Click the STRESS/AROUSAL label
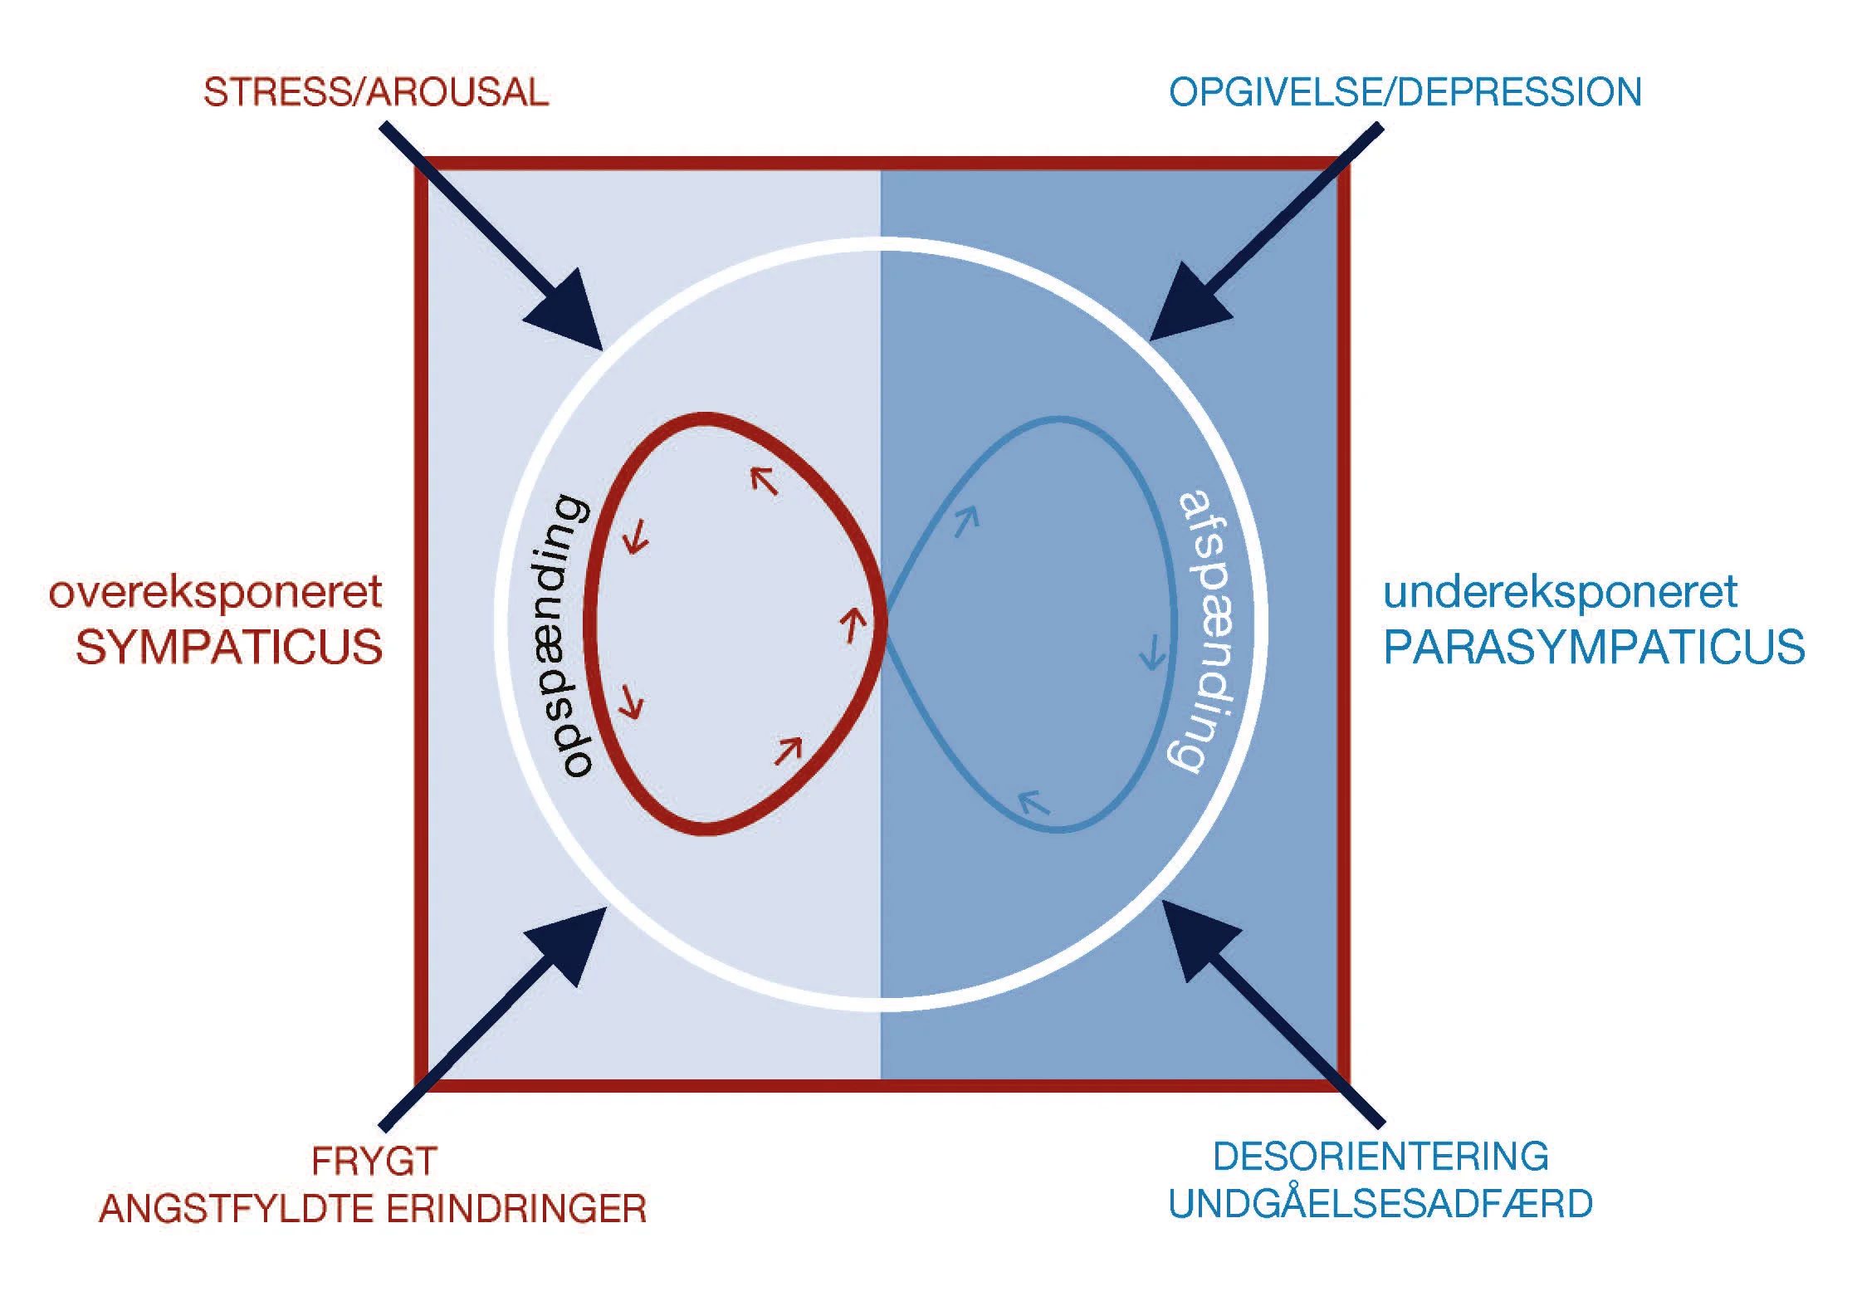375,92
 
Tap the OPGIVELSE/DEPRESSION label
1405,92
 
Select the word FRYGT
374,1161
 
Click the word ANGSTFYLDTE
236,1209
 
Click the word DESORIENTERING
1380,1157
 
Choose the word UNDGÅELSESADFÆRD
1380,1204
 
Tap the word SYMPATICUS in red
228,648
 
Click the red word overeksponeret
215,593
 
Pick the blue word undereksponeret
1560,593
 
